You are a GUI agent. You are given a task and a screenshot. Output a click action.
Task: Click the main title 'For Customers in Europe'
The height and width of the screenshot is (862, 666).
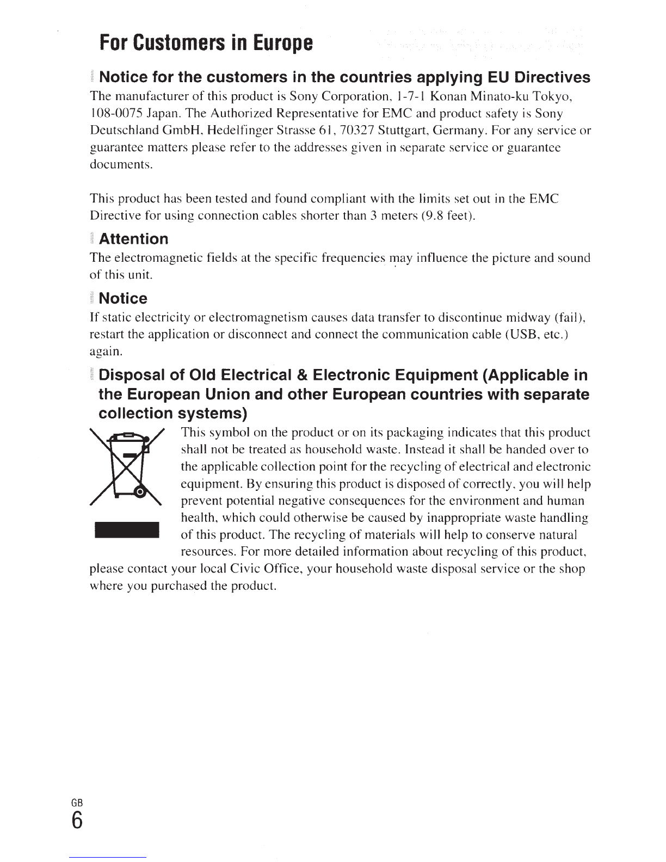(x=206, y=42)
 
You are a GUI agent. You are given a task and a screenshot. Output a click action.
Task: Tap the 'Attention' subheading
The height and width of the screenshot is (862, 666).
(x=134, y=239)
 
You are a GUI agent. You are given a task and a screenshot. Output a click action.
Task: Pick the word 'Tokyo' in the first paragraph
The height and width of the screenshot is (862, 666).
(x=551, y=96)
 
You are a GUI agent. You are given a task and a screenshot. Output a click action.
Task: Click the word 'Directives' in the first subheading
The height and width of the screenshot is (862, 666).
(x=552, y=77)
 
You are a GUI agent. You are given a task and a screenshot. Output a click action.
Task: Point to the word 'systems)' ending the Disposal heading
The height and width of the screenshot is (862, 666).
(x=213, y=414)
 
